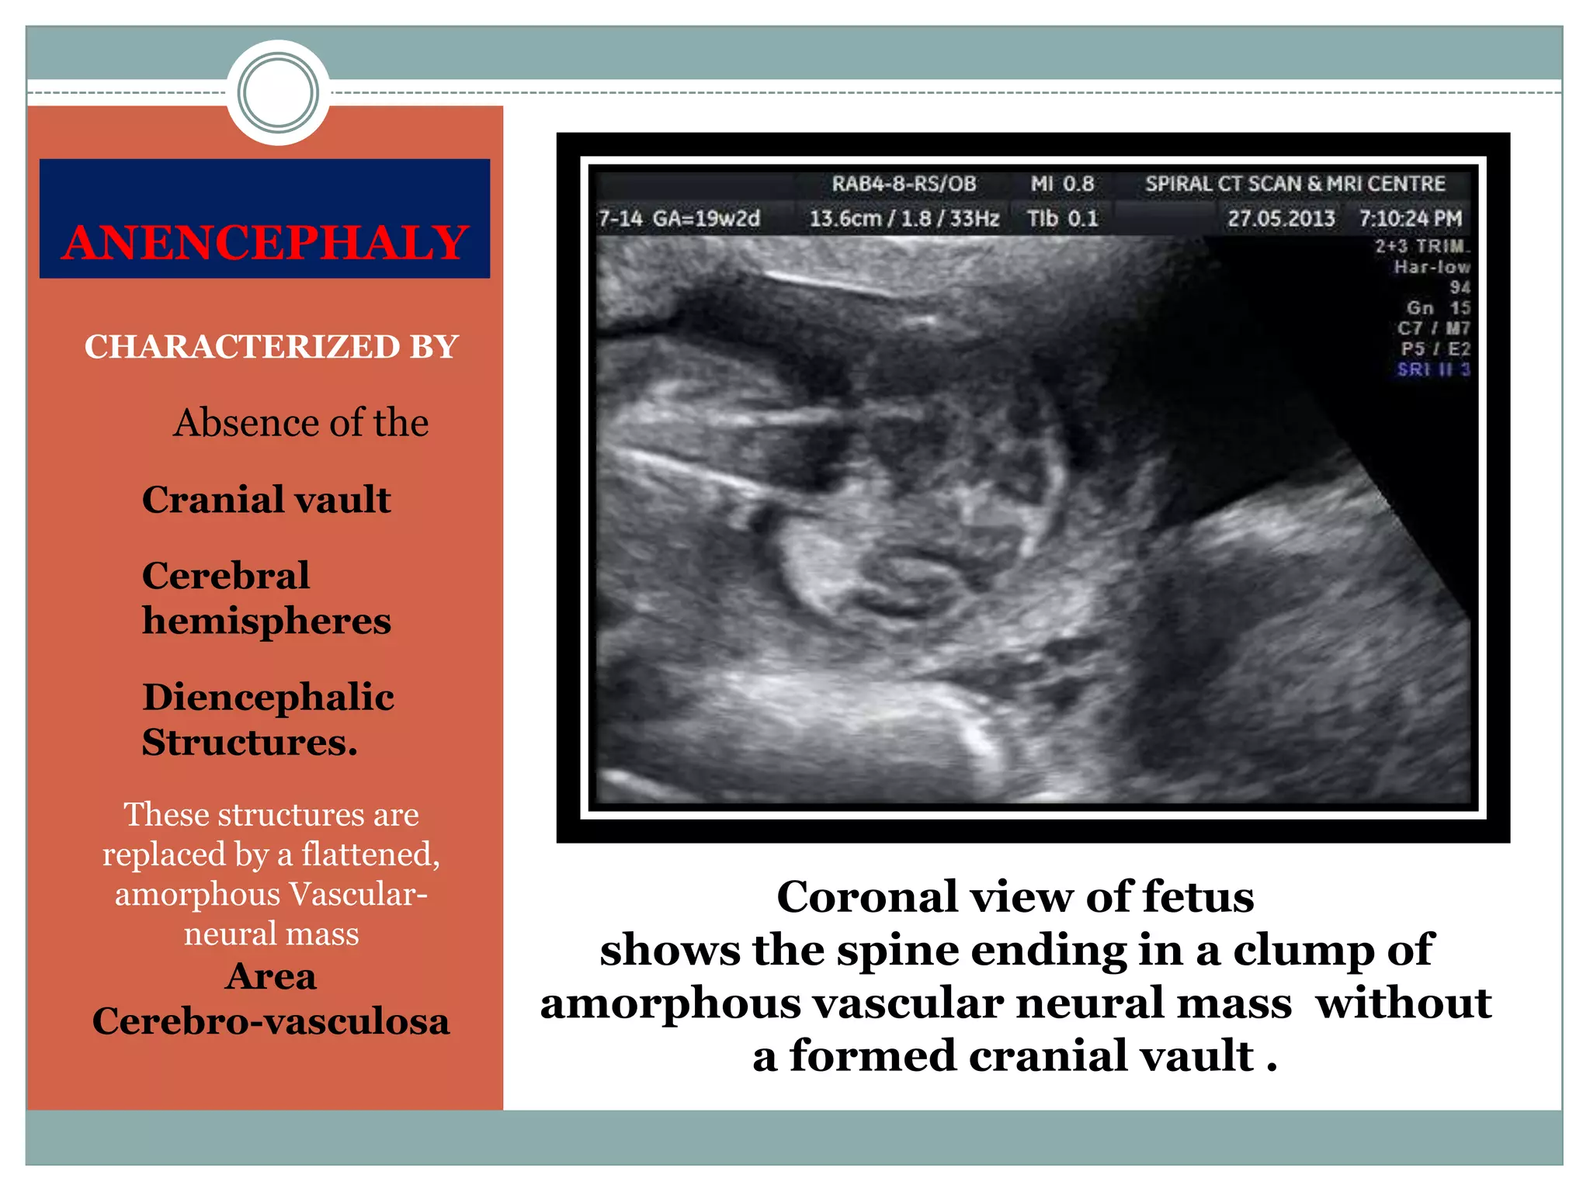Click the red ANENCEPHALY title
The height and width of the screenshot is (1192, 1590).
click(265, 242)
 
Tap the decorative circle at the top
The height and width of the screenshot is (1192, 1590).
click(278, 92)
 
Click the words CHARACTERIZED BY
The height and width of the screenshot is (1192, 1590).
click(271, 346)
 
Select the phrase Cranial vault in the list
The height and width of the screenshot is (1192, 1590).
click(266, 499)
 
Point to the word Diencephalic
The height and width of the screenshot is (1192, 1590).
click(268, 697)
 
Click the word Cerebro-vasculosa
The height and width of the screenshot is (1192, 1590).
click(271, 1020)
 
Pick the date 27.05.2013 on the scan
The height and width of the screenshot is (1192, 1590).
click(1281, 218)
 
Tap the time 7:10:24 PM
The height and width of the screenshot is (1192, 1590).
click(1410, 218)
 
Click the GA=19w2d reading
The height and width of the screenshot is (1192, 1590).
click(706, 218)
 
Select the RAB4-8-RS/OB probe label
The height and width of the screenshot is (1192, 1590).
click(904, 184)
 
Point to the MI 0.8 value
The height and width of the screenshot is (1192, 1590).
click(1062, 184)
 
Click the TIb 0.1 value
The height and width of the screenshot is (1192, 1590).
click(1062, 218)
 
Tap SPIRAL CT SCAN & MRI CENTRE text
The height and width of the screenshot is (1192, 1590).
click(1295, 184)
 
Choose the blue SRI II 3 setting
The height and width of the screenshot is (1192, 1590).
click(1433, 369)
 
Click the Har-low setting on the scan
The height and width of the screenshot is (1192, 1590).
click(1432, 267)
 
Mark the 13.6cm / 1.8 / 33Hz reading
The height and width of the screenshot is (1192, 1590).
click(904, 218)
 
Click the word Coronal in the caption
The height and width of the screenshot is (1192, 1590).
click(867, 897)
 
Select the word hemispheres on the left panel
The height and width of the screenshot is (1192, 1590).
click(266, 621)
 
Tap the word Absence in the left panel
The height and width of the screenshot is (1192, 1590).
click(237, 423)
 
